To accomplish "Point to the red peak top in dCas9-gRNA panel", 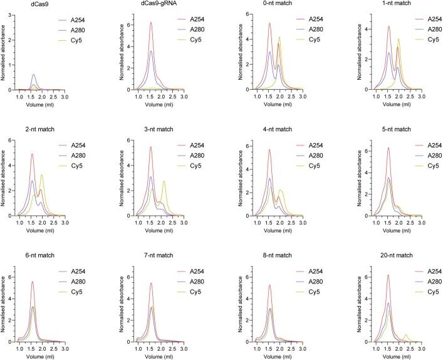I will point(151,23).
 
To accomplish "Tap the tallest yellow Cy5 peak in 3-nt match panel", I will point(164,181).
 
